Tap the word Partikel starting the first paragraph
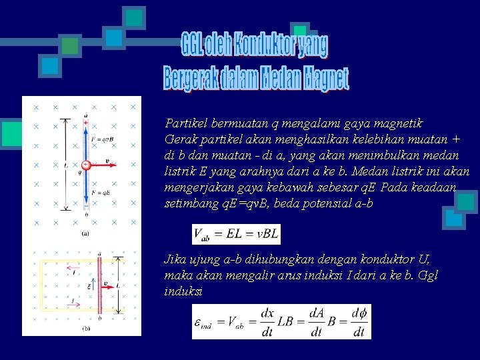(x=185, y=123)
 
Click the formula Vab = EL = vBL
(x=236, y=235)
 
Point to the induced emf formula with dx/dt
(x=281, y=322)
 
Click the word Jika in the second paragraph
(x=175, y=259)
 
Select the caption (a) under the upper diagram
(x=85, y=233)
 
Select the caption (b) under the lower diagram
(x=86, y=329)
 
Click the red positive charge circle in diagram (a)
(x=85, y=165)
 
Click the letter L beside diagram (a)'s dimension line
(x=65, y=165)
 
